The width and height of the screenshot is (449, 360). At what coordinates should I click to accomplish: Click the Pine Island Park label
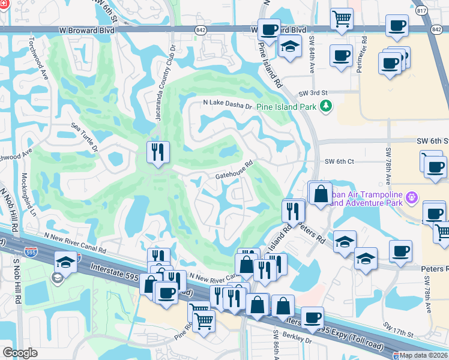coord(286,107)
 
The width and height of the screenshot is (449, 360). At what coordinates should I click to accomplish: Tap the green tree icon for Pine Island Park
coord(326,106)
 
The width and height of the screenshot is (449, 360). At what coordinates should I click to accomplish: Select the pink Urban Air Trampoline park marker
coord(411,197)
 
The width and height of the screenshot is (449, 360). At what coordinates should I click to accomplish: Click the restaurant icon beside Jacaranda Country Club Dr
coord(158,152)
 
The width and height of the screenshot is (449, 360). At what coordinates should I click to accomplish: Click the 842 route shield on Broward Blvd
coord(200,29)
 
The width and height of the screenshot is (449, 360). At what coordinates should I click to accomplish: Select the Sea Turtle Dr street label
coord(84,136)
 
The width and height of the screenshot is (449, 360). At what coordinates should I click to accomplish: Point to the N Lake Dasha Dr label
coord(228,103)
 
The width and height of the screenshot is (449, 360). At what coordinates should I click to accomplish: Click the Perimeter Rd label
coord(361,58)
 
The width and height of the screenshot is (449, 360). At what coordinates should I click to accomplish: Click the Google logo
coord(20,353)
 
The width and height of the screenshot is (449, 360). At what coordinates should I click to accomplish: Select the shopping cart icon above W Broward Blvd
coord(341,19)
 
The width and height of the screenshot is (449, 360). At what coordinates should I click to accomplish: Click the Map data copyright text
coord(423,355)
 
